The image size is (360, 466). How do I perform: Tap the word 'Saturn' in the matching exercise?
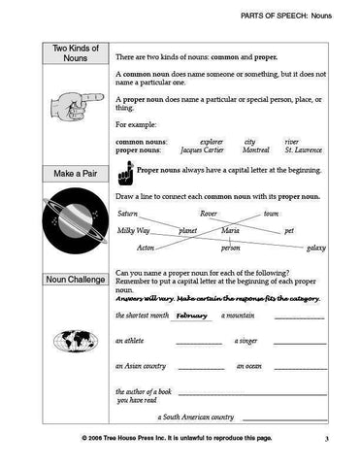(x=127, y=213)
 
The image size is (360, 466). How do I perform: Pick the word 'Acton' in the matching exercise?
(x=145, y=249)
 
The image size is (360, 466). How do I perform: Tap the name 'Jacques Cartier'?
(x=203, y=151)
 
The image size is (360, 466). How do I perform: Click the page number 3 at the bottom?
(x=328, y=440)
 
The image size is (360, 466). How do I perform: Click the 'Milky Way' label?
(x=133, y=231)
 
